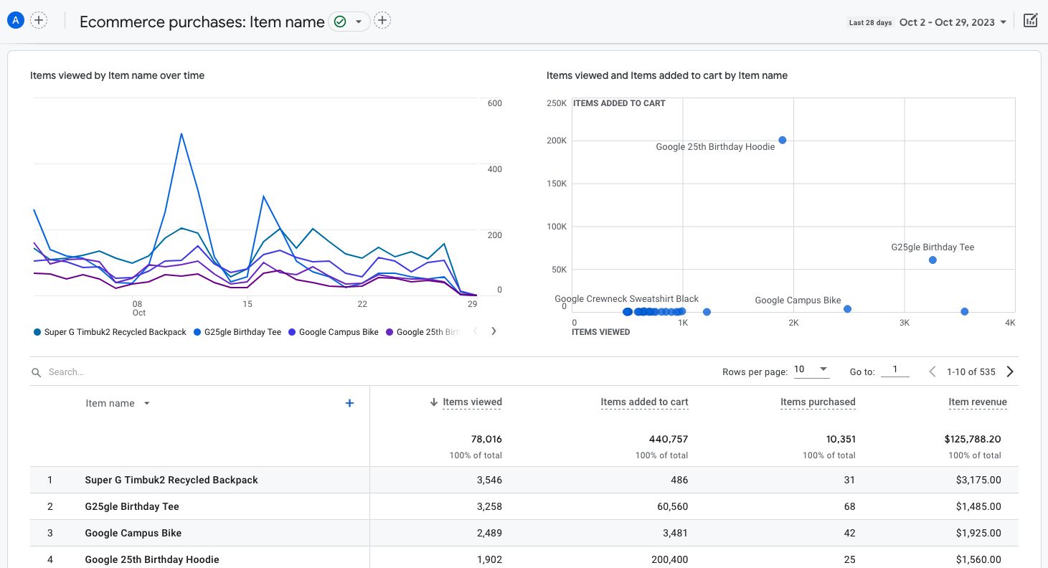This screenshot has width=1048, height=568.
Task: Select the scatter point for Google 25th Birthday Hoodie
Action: click(x=783, y=141)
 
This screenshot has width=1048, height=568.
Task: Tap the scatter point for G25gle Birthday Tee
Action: click(x=933, y=260)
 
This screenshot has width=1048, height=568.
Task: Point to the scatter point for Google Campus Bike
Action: click(x=847, y=309)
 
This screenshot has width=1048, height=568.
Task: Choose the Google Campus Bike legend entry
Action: click(x=338, y=332)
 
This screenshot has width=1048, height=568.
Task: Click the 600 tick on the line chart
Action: click(x=494, y=103)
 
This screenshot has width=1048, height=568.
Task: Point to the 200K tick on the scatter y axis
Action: click(x=557, y=141)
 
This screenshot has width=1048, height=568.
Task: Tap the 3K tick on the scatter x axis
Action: click(x=904, y=323)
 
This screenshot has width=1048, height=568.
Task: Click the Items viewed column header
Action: click(x=472, y=402)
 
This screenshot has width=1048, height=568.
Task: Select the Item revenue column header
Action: click(x=977, y=402)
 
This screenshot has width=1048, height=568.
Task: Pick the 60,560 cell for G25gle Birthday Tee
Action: click(x=668, y=506)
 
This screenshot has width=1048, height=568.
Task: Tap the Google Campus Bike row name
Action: click(x=133, y=533)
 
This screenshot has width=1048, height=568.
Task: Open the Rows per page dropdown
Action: click(x=811, y=370)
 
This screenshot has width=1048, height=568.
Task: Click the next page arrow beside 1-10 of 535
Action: click(x=1010, y=371)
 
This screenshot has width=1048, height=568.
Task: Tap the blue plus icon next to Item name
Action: click(x=349, y=403)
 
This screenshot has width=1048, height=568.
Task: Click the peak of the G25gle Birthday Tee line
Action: click(x=181, y=133)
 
